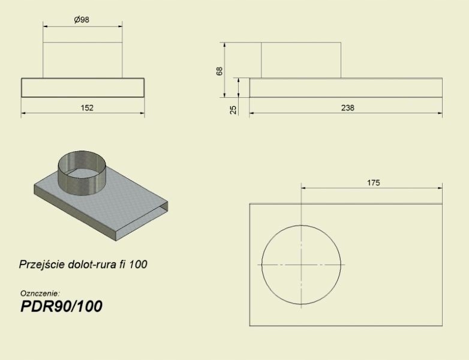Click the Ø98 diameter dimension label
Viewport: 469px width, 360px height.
pos(82,20)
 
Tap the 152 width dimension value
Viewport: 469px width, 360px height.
pos(87,108)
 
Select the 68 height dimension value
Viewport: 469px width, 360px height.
pos(220,71)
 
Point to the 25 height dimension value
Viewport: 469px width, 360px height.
pos(233,110)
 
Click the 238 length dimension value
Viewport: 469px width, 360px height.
pos(348,108)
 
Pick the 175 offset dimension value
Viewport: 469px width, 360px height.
pos(373,182)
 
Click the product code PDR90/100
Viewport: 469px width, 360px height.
pos(61,306)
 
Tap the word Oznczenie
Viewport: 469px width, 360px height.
pos(40,293)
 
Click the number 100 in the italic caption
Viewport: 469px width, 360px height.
pos(138,264)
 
